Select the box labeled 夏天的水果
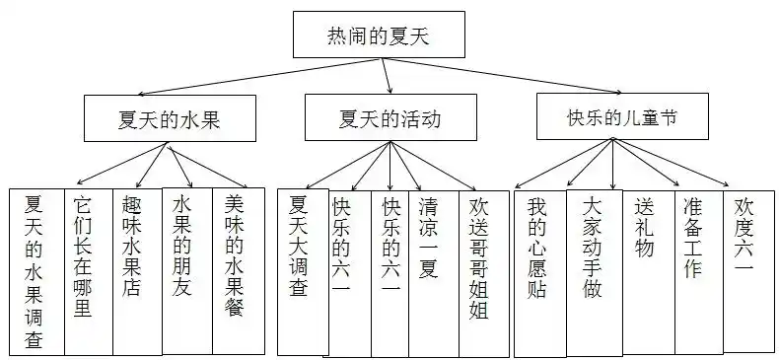pos(170,120)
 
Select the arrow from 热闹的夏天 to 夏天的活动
pos(388,76)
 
